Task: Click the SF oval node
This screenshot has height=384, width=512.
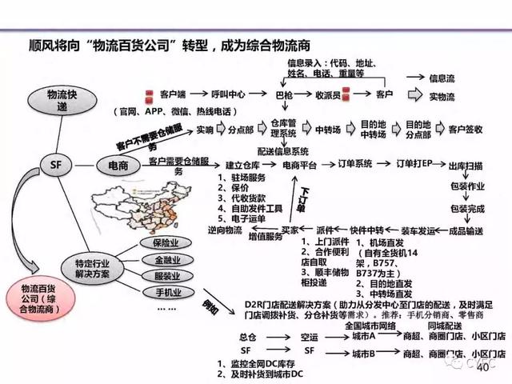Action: (x=56, y=165)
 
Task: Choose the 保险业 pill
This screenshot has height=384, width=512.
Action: (x=167, y=242)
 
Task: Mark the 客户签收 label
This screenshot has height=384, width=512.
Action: (x=465, y=127)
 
